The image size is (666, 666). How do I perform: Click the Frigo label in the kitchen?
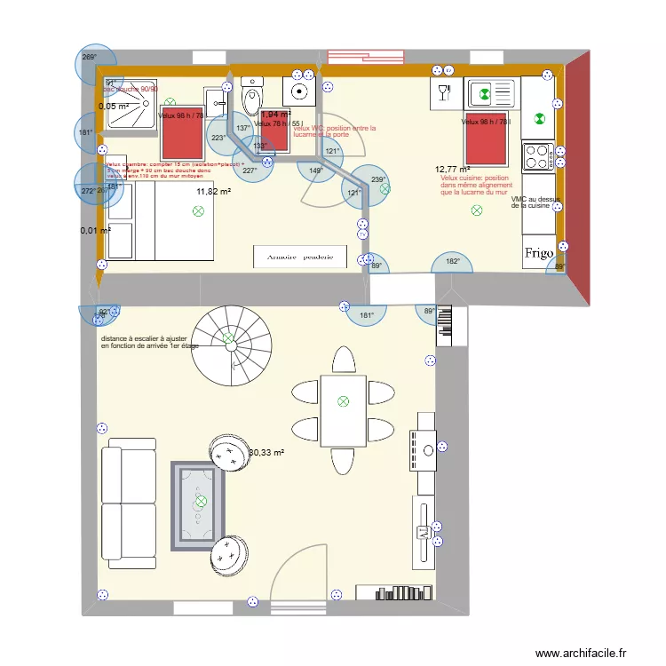click(539, 252)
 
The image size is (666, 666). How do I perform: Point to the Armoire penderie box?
click(293, 257)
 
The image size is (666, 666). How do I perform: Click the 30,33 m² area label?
click(266, 453)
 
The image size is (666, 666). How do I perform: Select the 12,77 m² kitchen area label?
click(453, 169)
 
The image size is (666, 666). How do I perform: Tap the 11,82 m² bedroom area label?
click(214, 191)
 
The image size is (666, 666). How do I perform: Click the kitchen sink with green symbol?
click(492, 91)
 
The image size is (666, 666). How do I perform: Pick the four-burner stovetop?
click(538, 156)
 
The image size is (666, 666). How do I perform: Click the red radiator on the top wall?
click(366, 56)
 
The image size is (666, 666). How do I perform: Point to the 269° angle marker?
click(90, 57)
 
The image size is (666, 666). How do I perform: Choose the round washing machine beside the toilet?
click(299, 91)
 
